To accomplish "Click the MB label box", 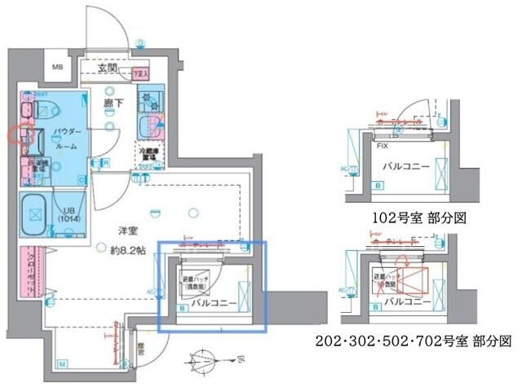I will (60, 68).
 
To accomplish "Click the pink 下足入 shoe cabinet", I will (142, 73).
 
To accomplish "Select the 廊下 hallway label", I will (113, 104).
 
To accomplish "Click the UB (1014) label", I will (72, 213).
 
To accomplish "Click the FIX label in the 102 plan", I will (382, 145).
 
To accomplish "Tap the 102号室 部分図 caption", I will (409, 219).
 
